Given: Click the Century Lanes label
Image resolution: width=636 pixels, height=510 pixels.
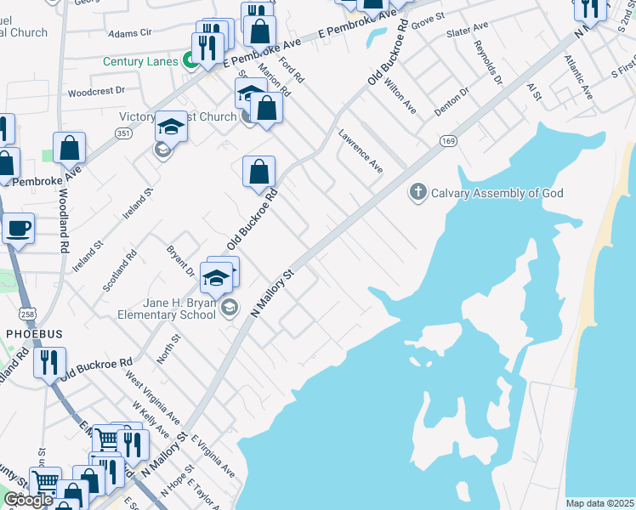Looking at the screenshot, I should (x=139, y=61).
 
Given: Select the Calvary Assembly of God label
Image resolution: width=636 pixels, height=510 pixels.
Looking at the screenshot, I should (x=497, y=193).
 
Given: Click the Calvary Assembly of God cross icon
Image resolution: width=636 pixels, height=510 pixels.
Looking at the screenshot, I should (x=417, y=192).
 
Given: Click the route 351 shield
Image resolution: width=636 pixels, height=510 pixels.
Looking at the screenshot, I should (x=124, y=133).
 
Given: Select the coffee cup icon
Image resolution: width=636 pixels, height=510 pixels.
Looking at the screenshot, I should (x=18, y=228).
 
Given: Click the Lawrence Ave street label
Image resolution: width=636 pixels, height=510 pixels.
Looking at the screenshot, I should (x=361, y=151).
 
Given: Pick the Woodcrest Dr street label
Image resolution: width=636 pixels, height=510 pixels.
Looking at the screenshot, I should (x=96, y=90).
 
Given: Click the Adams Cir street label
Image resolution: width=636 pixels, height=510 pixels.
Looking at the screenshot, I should (x=129, y=32).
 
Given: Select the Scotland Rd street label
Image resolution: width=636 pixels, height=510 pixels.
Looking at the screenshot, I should (x=120, y=271).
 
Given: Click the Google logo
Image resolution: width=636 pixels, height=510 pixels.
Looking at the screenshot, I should (x=28, y=501).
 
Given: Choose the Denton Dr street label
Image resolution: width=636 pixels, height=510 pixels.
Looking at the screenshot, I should (x=451, y=102).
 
